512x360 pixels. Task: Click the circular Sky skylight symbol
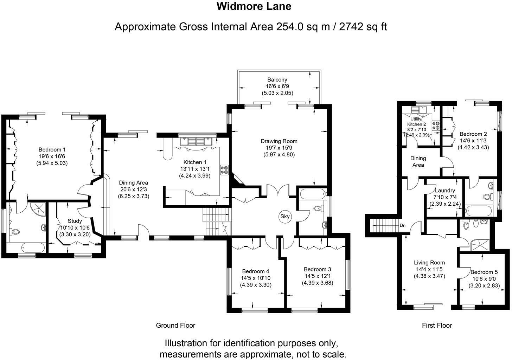point(285,217)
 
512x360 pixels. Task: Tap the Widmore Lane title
point(254,6)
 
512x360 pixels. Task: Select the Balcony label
point(277,80)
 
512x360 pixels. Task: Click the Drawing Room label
point(279,141)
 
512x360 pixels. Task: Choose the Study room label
point(75,221)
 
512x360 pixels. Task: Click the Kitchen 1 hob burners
point(224,170)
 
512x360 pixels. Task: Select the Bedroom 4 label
point(256,271)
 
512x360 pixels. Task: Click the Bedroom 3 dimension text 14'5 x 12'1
point(317,276)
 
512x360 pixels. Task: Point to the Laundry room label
point(445,191)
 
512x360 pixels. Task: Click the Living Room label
point(429,263)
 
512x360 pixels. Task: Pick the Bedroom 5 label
point(484,272)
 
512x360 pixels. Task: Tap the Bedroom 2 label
point(473,134)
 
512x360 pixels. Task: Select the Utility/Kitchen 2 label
point(417,122)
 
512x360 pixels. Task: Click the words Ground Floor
point(175,326)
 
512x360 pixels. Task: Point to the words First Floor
point(437,326)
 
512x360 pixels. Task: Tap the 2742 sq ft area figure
point(363,27)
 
